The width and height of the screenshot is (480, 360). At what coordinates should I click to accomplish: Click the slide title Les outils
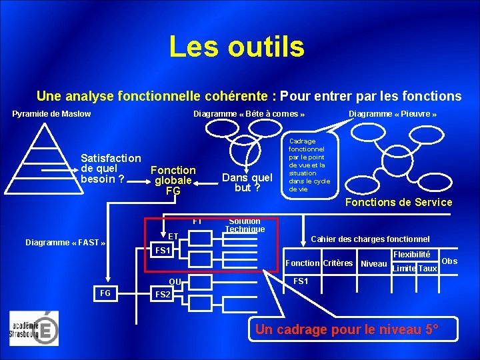click(x=237, y=47)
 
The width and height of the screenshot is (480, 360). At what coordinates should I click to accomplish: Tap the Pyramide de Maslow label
click(x=51, y=114)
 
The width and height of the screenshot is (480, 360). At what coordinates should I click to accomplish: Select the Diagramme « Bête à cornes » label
click(x=249, y=114)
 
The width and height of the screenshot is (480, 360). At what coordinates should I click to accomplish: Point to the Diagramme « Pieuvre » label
click(x=393, y=114)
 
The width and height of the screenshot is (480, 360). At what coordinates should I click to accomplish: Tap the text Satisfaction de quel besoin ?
click(x=110, y=169)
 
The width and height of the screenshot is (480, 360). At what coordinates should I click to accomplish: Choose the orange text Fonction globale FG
click(x=173, y=181)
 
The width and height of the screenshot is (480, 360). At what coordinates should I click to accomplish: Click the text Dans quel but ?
click(x=247, y=182)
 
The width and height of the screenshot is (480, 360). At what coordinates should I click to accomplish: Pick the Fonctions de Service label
click(x=398, y=202)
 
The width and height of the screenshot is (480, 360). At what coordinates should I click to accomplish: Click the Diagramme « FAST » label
click(x=65, y=243)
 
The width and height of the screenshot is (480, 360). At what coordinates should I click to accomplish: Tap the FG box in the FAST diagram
click(x=105, y=293)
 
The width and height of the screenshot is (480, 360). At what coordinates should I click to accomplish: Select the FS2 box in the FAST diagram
click(x=163, y=294)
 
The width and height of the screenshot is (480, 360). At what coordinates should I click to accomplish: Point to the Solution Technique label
click(x=244, y=225)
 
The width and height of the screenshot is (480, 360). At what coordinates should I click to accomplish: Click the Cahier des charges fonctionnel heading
click(x=371, y=239)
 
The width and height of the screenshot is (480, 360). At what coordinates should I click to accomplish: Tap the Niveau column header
click(x=373, y=263)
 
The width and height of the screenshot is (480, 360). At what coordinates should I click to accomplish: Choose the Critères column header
click(x=338, y=263)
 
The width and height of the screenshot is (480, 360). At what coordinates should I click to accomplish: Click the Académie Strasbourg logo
click(x=34, y=328)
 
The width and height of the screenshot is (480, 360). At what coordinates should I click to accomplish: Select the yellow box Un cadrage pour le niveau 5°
click(x=347, y=329)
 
